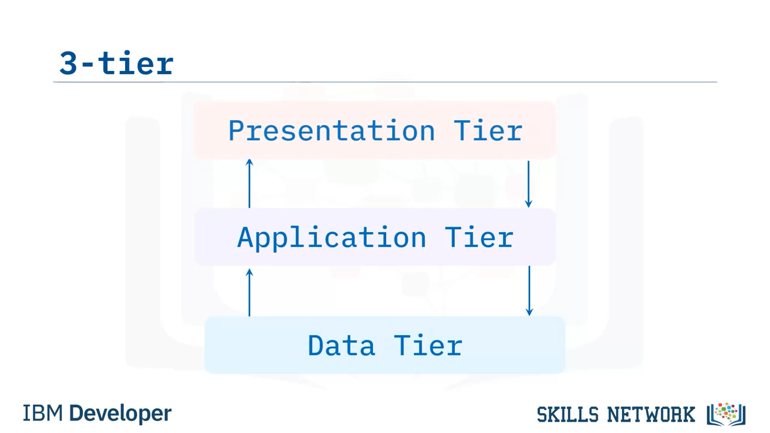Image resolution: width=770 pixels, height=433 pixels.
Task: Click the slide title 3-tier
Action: click(x=117, y=63)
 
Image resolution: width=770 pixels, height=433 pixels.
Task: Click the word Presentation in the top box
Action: click(x=331, y=131)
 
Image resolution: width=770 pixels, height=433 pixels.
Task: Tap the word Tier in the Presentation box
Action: click(x=488, y=131)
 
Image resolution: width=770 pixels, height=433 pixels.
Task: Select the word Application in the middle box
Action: click(x=331, y=238)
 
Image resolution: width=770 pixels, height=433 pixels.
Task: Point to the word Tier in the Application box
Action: click(x=479, y=237)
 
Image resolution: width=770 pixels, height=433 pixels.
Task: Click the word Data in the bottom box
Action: click(x=341, y=345)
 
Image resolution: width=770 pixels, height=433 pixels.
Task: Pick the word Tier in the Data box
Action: click(x=428, y=345)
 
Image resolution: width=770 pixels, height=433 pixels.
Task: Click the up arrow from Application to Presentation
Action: click(x=250, y=183)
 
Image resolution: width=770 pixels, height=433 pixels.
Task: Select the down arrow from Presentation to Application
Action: click(x=529, y=184)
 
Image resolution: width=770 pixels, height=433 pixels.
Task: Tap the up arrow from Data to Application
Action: click(x=250, y=292)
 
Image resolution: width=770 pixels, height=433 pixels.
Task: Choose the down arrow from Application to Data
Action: click(x=529, y=290)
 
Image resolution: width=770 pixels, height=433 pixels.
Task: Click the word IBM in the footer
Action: click(x=43, y=413)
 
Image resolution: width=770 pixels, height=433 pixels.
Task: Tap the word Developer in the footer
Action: click(x=120, y=414)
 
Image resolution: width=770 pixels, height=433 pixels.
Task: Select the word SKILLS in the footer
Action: click(x=567, y=414)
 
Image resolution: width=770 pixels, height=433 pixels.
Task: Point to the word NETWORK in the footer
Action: click(x=651, y=414)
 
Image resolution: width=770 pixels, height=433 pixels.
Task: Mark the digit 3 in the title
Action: click(x=68, y=63)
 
